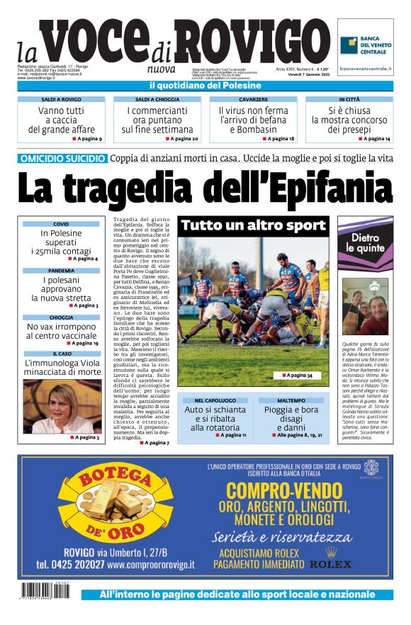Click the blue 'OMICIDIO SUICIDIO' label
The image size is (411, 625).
coord(64,159)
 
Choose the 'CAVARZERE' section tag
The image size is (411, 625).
coord(253,100)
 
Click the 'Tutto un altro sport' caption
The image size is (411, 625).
coord(253,226)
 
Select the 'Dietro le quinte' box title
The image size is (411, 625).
coord(366,243)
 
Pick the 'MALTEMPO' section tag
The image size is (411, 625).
coord(291,400)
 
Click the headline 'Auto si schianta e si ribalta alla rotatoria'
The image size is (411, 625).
coord(215,418)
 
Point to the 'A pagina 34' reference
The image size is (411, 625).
coord(297,375)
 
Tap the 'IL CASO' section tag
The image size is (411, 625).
coord(62,353)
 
